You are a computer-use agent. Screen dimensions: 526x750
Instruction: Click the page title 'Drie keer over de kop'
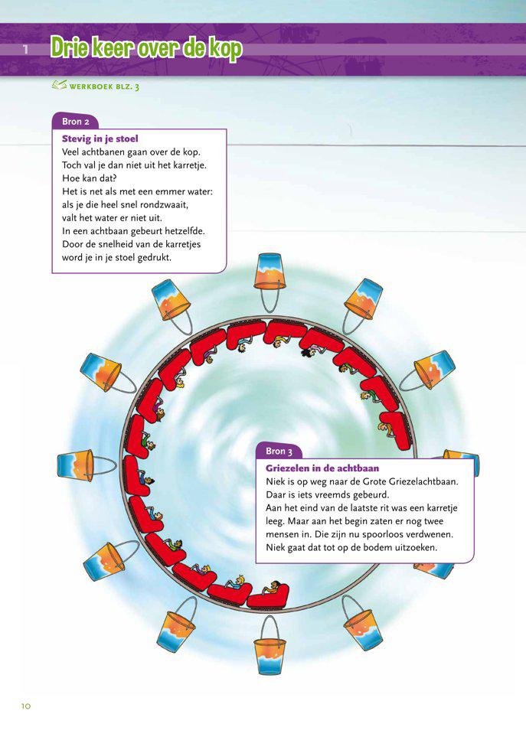click(146, 49)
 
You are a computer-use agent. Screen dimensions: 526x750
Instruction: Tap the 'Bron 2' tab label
click(74, 121)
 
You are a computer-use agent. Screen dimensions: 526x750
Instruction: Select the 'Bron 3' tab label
click(279, 452)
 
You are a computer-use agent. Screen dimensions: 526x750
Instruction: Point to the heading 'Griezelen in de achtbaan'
click(322, 468)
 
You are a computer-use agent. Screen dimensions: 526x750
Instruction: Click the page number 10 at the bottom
click(25, 706)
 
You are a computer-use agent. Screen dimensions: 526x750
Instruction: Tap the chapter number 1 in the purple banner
click(25, 51)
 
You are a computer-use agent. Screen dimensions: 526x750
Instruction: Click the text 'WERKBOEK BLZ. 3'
click(104, 87)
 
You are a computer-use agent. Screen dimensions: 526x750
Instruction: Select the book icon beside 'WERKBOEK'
click(59, 86)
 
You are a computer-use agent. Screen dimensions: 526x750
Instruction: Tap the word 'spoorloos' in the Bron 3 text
click(410, 533)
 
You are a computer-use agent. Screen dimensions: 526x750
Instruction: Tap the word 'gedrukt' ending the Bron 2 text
click(153, 257)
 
